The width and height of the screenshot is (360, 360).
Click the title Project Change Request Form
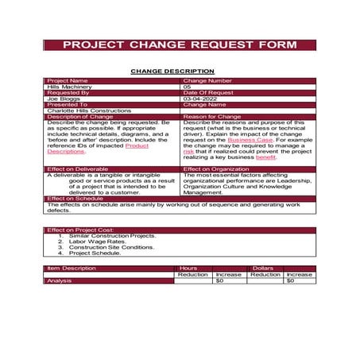(180, 45)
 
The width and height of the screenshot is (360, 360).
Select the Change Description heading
(172, 71)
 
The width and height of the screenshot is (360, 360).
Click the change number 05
(188, 86)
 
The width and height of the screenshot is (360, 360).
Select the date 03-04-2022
(199, 99)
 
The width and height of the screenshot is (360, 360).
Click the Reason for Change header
(211, 117)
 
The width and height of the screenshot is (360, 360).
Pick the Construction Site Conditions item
(111, 247)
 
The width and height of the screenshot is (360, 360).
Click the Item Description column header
(72, 268)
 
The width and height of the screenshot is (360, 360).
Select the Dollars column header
(263, 268)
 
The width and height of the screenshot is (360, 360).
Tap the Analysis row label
(60, 281)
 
